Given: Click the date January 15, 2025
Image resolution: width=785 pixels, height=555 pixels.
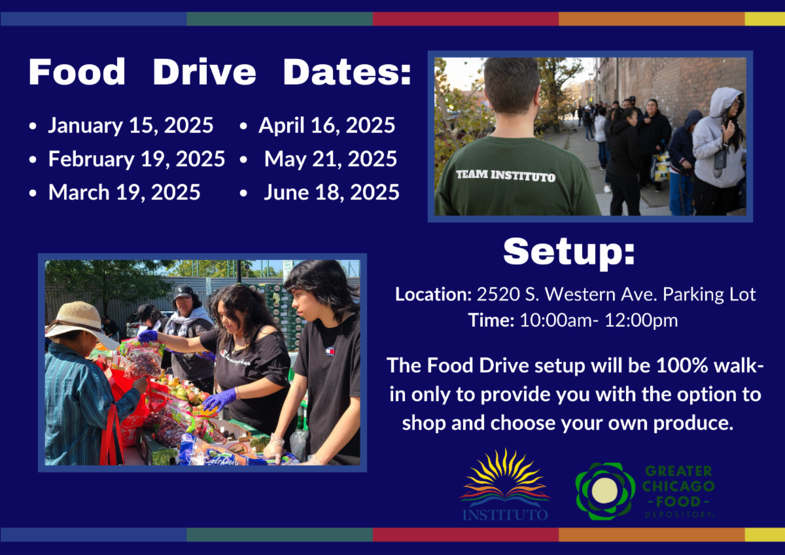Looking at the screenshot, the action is point(130,125).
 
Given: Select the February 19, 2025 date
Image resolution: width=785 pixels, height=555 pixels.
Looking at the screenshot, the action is point(137,159).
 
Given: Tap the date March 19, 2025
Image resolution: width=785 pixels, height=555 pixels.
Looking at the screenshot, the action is point(124,192).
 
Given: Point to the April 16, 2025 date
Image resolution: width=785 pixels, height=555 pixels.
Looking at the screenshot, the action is point(326,125).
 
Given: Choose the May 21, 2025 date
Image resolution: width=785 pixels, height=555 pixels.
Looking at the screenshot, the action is point(330,159).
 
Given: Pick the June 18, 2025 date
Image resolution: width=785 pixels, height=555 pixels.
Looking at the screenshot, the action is point(332,192).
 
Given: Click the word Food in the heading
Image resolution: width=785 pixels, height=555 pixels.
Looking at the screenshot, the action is point(77,72).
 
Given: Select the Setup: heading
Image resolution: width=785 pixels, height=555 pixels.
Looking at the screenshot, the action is point(569,253).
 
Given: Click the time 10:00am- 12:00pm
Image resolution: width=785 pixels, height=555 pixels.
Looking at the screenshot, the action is point(599,321).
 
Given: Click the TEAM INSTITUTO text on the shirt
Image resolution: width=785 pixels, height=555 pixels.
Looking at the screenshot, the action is point(506,175).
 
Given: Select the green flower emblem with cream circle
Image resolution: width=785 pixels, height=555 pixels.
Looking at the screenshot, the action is point(605,491).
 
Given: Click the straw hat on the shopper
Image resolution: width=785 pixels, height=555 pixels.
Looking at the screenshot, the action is point(81,324).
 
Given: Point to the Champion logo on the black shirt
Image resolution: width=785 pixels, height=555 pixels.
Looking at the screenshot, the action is point(235,358).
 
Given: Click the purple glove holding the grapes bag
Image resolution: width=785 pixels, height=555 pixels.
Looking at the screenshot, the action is point(148,336).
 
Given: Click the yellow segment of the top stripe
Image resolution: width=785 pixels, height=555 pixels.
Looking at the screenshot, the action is point(765,19).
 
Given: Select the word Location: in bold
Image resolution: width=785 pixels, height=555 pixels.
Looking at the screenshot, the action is point(434,294).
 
